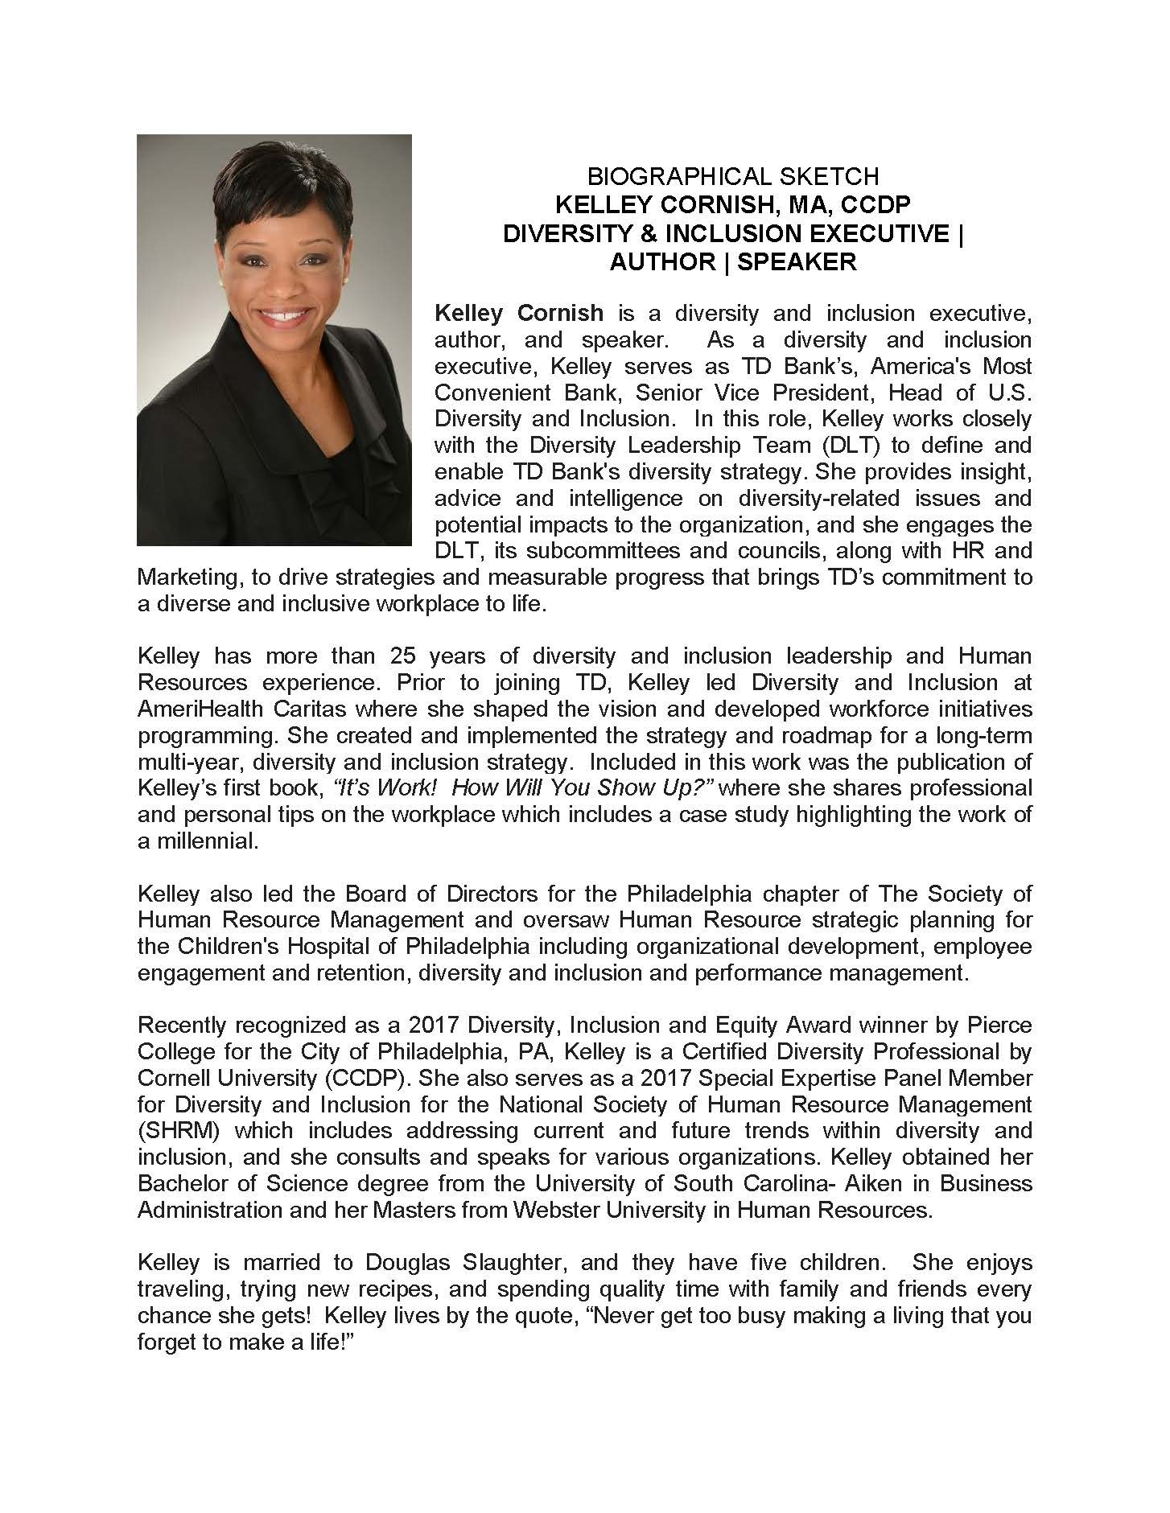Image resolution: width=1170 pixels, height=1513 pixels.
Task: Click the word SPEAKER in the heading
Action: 797,261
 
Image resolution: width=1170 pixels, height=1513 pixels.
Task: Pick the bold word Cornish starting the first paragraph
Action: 562,313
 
